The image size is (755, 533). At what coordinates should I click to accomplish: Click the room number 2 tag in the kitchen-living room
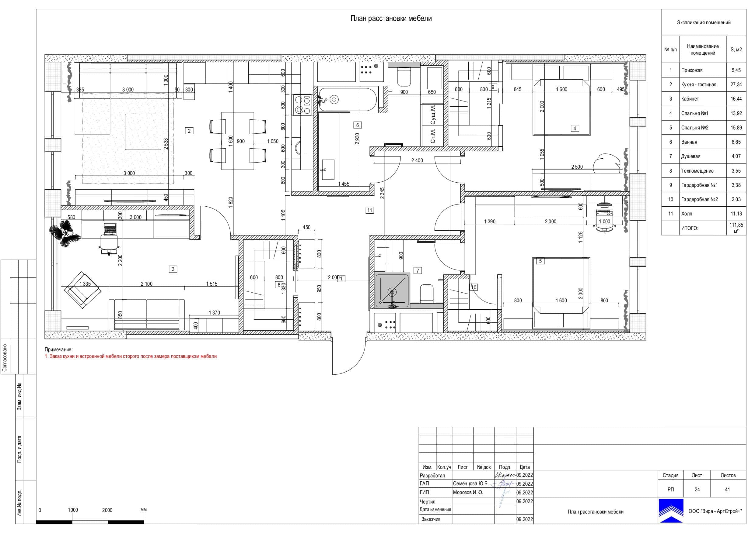189,131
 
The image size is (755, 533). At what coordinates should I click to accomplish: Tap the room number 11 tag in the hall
370,210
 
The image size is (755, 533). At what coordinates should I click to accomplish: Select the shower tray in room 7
392,291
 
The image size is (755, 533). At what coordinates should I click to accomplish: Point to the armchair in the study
82,290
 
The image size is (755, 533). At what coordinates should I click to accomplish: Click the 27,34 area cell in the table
736,84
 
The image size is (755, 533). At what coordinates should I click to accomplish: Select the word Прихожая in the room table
692,70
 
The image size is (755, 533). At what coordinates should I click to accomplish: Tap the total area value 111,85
736,225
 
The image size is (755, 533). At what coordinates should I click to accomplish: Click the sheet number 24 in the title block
697,489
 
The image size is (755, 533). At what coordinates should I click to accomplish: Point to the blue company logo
671,511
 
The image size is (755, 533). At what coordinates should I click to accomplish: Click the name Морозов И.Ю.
468,492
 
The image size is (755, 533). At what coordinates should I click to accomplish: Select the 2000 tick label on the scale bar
107,510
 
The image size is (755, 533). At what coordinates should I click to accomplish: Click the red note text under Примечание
131,356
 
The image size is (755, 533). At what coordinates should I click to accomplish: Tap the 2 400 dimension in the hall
417,160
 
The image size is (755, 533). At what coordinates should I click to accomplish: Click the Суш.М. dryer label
433,115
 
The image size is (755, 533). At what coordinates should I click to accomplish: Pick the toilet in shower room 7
427,293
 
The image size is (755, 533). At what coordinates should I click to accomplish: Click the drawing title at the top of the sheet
391,19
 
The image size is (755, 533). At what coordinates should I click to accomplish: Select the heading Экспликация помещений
704,23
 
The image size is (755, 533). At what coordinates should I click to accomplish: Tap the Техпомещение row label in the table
697,171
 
